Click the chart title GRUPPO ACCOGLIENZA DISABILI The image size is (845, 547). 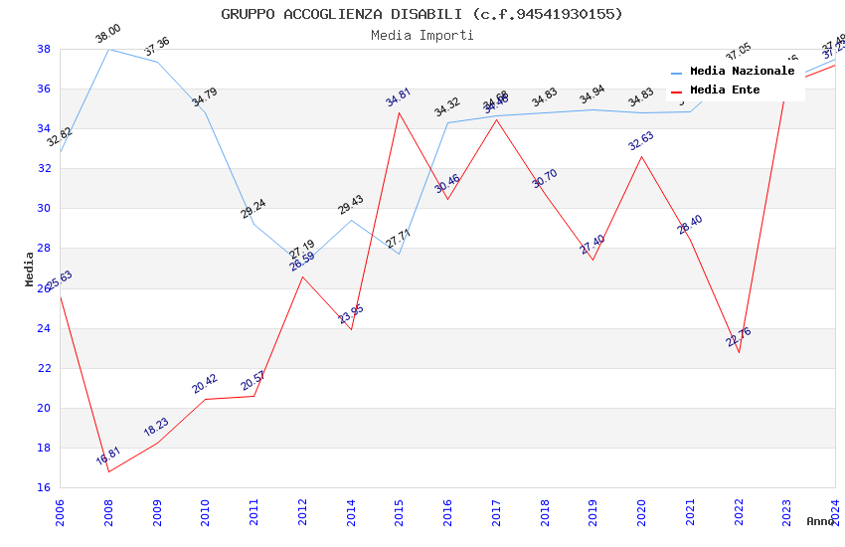point(422,14)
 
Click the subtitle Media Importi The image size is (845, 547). point(422,35)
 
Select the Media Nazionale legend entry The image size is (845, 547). point(742,72)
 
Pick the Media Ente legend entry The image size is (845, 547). point(724,91)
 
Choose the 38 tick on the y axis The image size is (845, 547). point(44,49)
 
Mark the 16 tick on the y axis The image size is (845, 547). point(44,487)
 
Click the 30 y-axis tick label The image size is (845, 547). point(44,209)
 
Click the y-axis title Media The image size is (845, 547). point(29,269)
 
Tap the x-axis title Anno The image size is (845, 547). point(820,521)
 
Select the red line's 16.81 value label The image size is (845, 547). point(107,456)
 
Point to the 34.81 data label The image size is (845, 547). point(398,97)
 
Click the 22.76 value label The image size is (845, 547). point(739,336)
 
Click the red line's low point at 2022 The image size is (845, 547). point(739,352)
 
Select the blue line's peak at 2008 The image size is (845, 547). point(108,49)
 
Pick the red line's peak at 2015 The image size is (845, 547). point(400,112)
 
